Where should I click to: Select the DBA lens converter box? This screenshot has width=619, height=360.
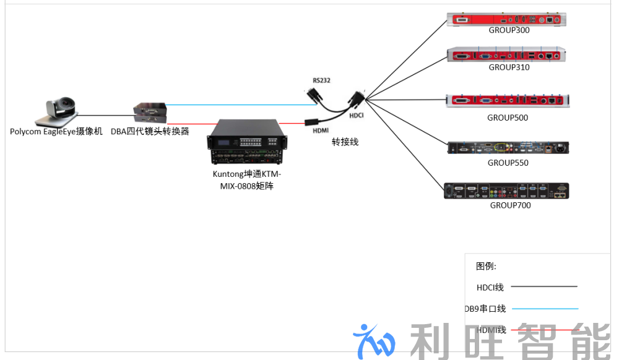[150, 113]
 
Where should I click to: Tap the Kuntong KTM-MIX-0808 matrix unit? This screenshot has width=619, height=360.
[247, 142]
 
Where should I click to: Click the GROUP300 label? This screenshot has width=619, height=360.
[509, 30]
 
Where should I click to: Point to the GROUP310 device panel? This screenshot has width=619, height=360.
[506, 55]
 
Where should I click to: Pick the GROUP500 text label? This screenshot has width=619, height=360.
[508, 118]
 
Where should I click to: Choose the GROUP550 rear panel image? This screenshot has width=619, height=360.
[508, 148]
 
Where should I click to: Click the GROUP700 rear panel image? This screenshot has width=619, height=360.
[506, 191]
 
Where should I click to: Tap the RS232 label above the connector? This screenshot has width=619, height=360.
[321, 80]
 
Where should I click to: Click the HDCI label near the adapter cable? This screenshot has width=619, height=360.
[356, 116]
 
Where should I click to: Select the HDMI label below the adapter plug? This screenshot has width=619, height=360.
[321, 131]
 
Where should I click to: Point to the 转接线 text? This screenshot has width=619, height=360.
[345, 142]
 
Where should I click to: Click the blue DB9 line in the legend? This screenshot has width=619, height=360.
[545, 309]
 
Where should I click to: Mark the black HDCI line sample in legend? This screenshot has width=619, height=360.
[544, 286]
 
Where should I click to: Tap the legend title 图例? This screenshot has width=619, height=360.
[486, 266]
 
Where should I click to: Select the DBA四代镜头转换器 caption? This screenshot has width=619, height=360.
[150, 131]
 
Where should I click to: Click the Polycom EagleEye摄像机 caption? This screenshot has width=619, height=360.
[56, 131]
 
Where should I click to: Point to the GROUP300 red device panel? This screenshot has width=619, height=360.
[506, 19]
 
